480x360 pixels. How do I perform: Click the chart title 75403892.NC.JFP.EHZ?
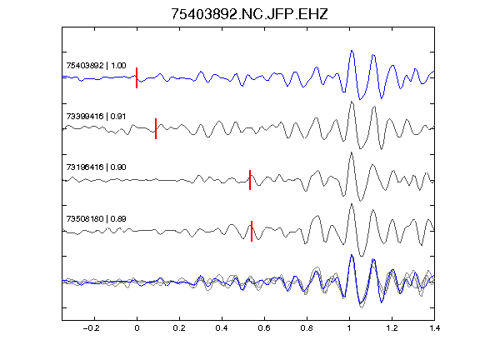tap(249, 14)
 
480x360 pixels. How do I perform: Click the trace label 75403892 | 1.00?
tap(96, 66)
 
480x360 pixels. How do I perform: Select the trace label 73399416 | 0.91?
tap(96, 117)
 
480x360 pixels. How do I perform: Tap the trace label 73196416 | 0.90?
tap(96, 167)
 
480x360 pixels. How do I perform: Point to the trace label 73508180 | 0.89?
tap(96, 218)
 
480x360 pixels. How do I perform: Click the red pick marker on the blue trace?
tap(137, 77)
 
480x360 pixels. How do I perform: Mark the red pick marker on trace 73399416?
tap(156, 128)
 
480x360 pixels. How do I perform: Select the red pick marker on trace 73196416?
tap(250, 180)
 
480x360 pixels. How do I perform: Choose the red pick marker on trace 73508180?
tap(252, 231)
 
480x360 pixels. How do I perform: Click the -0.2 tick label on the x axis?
tap(92, 328)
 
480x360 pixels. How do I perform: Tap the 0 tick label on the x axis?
tap(137, 328)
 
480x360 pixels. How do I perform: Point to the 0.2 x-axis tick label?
tap(179, 328)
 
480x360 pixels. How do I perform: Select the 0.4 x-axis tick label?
tap(222, 328)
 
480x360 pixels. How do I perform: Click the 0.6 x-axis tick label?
tap(264, 328)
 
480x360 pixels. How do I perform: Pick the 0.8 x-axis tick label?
tap(307, 328)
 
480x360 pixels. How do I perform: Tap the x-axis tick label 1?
tap(349, 328)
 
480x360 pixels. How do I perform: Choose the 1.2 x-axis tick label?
tap(392, 328)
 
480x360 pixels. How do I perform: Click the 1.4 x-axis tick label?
tap(434, 328)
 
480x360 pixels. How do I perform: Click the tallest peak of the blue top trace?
tap(352, 51)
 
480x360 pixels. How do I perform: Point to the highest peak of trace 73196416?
tap(351, 152)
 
